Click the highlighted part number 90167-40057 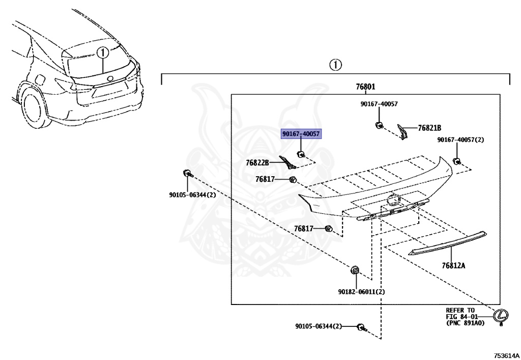point(301,134)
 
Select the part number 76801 point(365,87)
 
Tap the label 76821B point(429,128)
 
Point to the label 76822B point(257,162)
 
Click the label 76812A point(453,265)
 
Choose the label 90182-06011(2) point(361,292)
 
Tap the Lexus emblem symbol point(501,316)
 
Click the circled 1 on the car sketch point(102,52)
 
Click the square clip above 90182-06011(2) point(355,269)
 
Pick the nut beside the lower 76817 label point(329,229)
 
